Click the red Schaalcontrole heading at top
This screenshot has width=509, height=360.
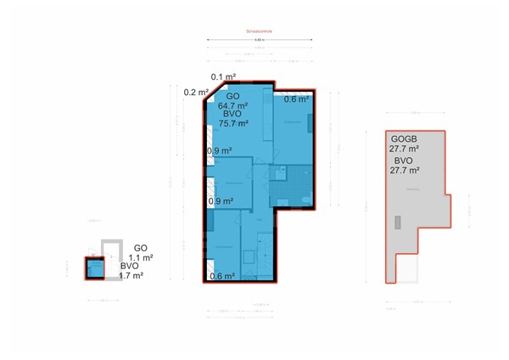pos(259,32)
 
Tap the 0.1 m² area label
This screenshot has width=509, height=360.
pos(223,77)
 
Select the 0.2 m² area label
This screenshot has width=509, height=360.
pos(196,92)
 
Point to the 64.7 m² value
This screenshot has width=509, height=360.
pos(232,105)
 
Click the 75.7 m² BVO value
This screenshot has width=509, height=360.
pos(233,123)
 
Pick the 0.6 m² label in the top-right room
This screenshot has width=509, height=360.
pos(296,99)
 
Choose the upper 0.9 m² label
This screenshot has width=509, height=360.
pos(221,151)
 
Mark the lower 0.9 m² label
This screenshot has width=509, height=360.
pos(221,201)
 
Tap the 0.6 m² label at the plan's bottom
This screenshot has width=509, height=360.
pos(221,275)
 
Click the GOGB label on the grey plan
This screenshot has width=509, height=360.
pos(404,138)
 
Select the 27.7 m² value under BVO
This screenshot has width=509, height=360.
pos(406,170)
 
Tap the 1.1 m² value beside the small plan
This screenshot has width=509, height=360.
pos(141,257)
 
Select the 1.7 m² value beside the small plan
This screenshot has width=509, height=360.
pos(131,275)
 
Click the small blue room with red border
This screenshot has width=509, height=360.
pos(94,268)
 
